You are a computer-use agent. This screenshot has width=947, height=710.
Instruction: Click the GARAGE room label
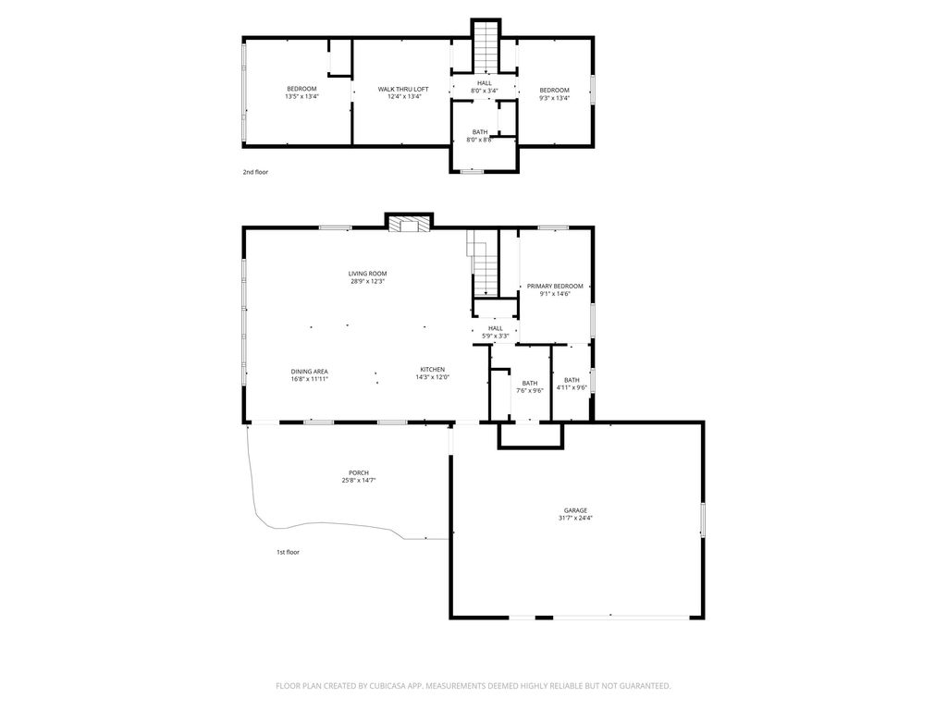575,510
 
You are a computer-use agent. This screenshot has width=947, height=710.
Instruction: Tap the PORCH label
359,472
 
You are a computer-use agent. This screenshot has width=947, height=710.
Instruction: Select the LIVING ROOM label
367,274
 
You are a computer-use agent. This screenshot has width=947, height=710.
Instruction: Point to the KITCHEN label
433,370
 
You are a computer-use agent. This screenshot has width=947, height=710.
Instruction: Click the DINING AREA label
309,372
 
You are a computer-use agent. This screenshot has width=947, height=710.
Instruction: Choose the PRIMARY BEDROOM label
555,287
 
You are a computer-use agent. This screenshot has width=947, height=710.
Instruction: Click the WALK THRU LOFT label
403,90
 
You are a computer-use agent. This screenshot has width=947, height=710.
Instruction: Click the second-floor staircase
486,47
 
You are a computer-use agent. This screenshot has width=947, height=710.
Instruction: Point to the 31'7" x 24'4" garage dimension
575,518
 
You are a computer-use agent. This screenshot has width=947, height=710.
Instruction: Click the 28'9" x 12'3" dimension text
367,281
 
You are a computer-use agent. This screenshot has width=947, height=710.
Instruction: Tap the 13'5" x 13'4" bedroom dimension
301,96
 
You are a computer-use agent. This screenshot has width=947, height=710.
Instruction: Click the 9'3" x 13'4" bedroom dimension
555,98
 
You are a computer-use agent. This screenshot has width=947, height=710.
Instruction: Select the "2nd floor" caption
255,172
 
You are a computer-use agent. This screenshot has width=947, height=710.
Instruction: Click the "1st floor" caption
289,552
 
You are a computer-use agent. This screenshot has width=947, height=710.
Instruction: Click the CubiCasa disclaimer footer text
473,686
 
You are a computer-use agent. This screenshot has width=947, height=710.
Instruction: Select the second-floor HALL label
485,83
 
